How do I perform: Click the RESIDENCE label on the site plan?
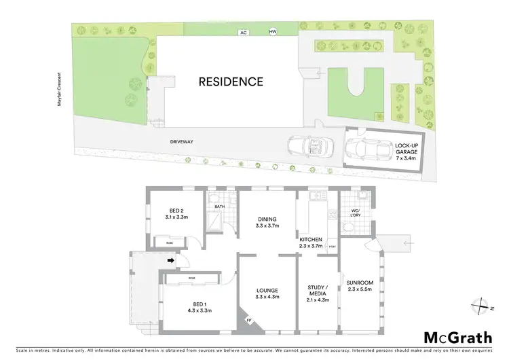tap(231, 82)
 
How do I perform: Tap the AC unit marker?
tap(243, 32)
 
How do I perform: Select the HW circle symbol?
tap(274, 32)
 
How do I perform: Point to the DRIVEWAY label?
tap(183, 141)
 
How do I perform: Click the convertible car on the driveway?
tap(309, 146)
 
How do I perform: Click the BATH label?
tap(220, 206)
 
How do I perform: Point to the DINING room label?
tap(267, 222)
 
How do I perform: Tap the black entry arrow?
tap(171, 259)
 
